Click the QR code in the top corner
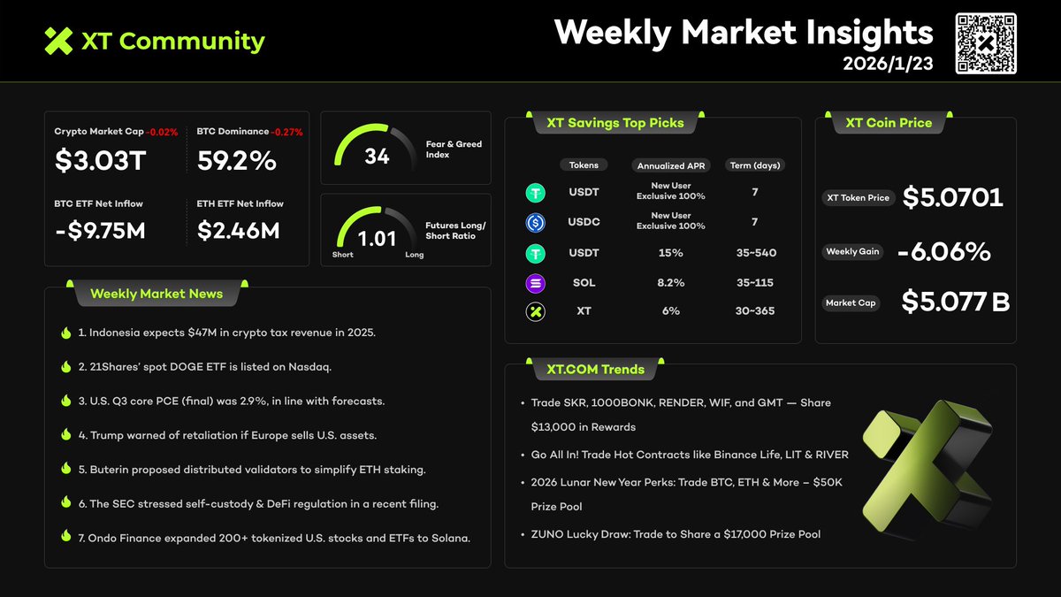point(986,43)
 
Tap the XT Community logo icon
point(58,41)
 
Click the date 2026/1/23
point(887,64)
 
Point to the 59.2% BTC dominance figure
point(236,160)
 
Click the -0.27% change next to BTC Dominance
point(286,132)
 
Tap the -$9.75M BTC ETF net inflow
point(100,231)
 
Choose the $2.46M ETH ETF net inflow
point(238,231)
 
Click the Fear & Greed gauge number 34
point(377,157)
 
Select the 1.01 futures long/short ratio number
point(377,239)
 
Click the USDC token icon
point(535,222)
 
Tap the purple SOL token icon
point(535,283)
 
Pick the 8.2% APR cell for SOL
point(670,283)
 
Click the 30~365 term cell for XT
point(754,311)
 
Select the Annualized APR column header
point(670,165)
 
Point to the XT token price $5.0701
point(952,197)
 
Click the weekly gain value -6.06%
point(943,252)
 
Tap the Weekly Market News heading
point(156,294)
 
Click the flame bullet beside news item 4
point(66,435)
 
